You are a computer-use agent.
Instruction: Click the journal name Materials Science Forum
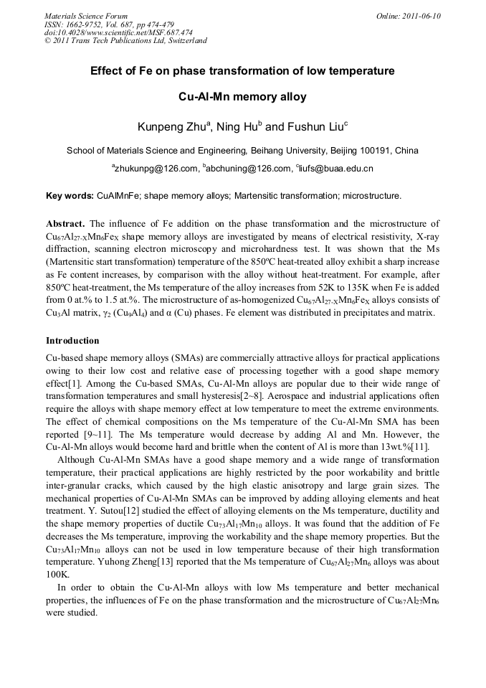click(86, 16)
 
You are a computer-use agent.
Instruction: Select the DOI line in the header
click(118, 32)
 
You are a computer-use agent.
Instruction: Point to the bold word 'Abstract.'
click(66, 224)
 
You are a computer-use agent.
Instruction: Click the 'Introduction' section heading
click(72, 340)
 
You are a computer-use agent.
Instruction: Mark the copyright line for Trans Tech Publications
click(125, 41)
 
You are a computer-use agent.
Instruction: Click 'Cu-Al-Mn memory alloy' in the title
click(242, 97)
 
